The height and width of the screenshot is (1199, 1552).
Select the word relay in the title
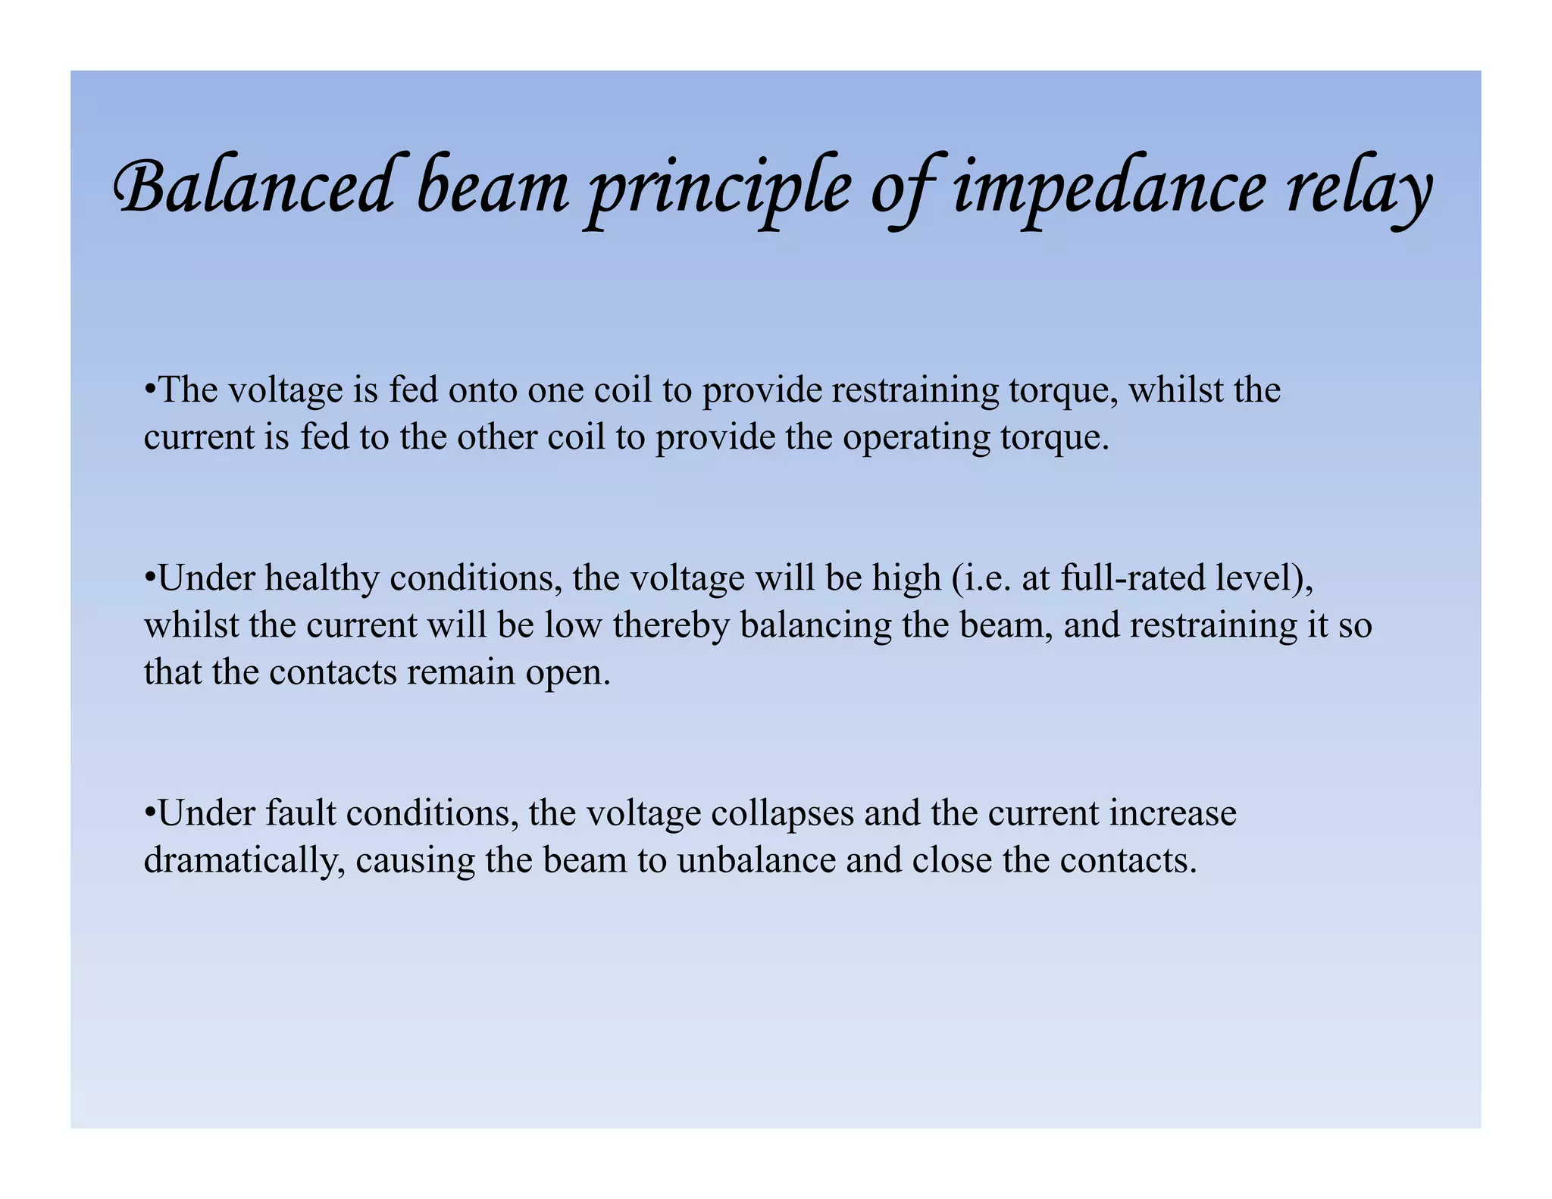tap(1357, 189)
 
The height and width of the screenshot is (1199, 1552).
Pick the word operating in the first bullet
tap(916, 437)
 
